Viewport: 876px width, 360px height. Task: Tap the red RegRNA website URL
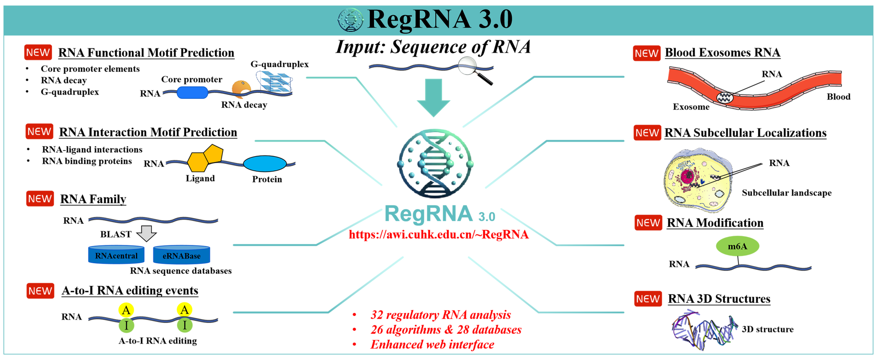[x=439, y=235]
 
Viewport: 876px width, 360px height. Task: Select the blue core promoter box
[x=192, y=93]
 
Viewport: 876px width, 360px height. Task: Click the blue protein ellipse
[x=265, y=164]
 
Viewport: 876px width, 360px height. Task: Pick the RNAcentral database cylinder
[x=116, y=255]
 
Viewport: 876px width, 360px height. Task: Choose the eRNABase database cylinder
[x=181, y=255]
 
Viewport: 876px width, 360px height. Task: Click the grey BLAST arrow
[x=146, y=233]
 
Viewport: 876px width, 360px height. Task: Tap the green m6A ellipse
[x=737, y=246]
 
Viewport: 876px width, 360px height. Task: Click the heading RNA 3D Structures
[x=719, y=299]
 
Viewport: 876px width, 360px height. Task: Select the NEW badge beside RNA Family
[x=40, y=199]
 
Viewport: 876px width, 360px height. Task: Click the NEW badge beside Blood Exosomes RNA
[x=646, y=53]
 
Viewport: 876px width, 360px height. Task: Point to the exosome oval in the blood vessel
[x=725, y=97]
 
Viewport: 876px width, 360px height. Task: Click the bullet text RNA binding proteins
[x=87, y=161]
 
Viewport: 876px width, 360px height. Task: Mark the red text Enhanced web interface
[x=432, y=344]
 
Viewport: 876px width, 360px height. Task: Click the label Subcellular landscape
[x=786, y=193]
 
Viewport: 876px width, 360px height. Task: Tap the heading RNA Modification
[x=715, y=223]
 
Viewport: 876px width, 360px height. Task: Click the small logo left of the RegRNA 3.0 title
[x=350, y=20]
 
